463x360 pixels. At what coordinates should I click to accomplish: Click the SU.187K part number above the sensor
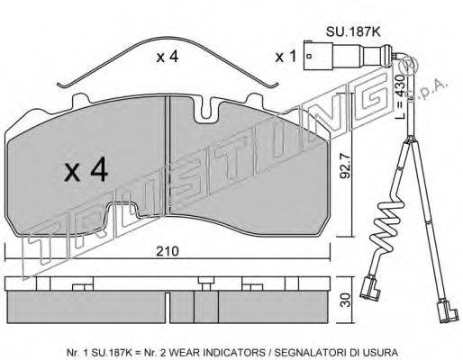pyautogui.click(x=353, y=31)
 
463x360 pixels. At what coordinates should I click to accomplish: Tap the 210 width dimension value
pyautogui.click(x=168, y=251)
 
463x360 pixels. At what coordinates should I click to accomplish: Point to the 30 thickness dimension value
pyautogui.click(x=346, y=300)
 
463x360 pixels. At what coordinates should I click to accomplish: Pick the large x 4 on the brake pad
pyautogui.click(x=86, y=170)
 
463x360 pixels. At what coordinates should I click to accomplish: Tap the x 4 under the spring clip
pyautogui.click(x=168, y=57)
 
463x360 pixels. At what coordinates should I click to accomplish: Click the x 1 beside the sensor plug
pyautogui.click(x=286, y=57)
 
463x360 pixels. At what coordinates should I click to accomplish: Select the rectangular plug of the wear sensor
pyautogui.click(x=318, y=56)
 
